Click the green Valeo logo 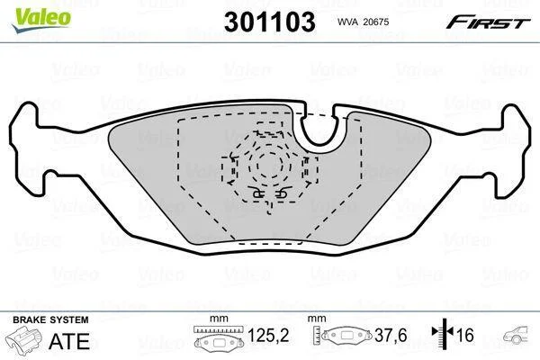coord(41,20)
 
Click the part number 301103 coord(270,22)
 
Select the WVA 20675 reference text coord(363,22)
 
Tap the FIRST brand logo coord(489,22)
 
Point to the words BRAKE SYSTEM coord(50,319)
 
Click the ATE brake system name coord(69,341)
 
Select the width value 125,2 coord(268,335)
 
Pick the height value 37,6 coord(391,335)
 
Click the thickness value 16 coord(465,335)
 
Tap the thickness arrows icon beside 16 coord(443,332)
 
